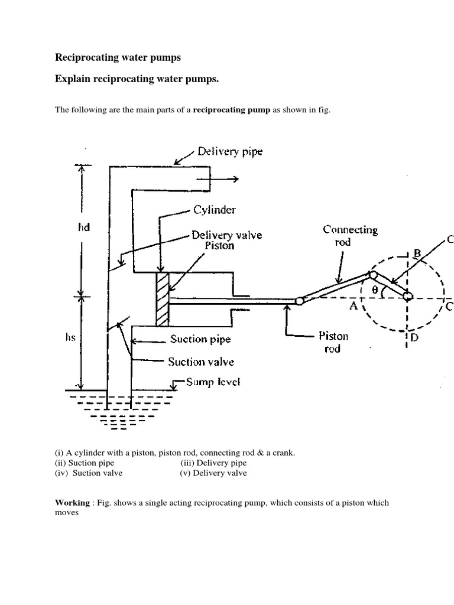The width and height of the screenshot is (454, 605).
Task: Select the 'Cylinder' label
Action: click(213, 210)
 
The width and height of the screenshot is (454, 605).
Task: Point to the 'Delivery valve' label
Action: click(226, 235)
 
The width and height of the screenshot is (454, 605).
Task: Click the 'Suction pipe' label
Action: click(200, 340)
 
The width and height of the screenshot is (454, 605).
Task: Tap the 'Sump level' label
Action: click(212, 382)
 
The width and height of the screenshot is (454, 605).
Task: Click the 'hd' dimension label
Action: click(83, 227)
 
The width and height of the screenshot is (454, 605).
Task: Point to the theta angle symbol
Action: click(374, 290)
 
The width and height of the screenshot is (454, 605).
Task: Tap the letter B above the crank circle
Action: click(417, 255)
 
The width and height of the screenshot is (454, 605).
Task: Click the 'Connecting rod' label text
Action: click(351, 236)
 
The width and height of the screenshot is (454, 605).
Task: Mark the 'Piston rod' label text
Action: click(334, 342)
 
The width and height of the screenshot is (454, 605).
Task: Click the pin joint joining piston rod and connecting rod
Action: click(299, 301)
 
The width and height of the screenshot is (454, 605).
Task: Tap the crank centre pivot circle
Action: click(408, 295)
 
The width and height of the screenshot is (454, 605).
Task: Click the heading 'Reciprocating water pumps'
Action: click(118, 57)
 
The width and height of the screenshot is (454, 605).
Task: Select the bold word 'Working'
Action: click(72, 503)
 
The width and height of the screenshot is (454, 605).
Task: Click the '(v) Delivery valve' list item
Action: click(213, 473)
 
